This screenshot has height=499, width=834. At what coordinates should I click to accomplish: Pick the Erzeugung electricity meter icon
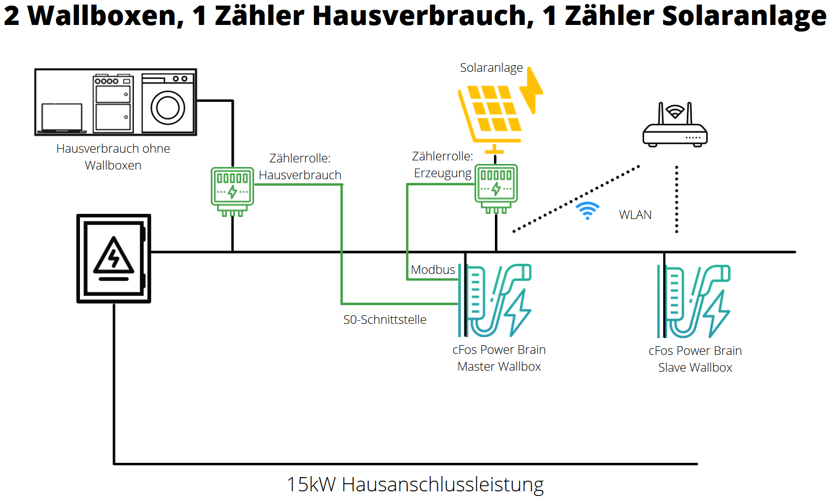pyautogui.click(x=496, y=186)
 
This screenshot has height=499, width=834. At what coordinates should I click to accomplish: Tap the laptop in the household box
pyautogui.click(x=62, y=118)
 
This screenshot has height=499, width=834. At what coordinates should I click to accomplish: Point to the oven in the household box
pyautogui.click(x=113, y=104)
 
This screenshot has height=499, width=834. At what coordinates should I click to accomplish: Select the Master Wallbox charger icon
pyautogui.click(x=496, y=300)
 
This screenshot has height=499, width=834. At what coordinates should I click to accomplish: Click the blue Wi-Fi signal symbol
pyautogui.click(x=587, y=210)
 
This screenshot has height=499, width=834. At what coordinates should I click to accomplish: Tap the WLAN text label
pyautogui.click(x=635, y=215)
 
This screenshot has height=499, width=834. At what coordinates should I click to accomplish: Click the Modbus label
pyautogui.click(x=433, y=270)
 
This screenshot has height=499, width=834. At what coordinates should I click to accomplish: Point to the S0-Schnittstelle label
pyautogui.click(x=385, y=320)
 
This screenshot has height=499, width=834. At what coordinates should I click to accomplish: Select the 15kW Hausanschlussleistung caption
pyautogui.click(x=415, y=484)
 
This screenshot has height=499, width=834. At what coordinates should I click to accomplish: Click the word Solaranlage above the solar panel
pyautogui.click(x=491, y=68)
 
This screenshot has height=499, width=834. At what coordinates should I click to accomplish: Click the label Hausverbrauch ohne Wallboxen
pyautogui.click(x=113, y=157)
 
